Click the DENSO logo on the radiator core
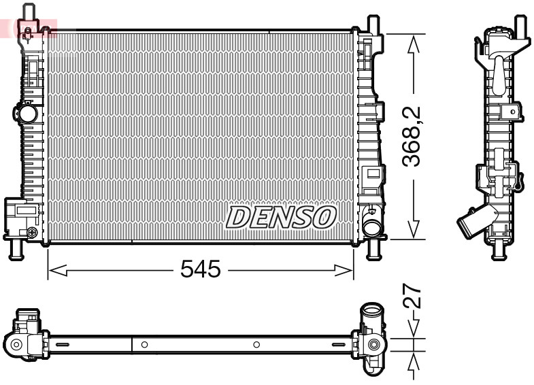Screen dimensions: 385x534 click(x=281, y=217)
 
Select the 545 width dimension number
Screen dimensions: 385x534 click(x=201, y=270)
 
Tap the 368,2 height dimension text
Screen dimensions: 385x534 click(x=410, y=137)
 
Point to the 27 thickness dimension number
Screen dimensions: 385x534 click(x=412, y=297)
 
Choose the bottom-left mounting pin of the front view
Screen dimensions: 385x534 click(x=15, y=250)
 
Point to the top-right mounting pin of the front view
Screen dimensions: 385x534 click(x=372, y=24)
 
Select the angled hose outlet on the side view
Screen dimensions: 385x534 click(x=471, y=222)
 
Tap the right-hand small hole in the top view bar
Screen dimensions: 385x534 click(x=256, y=345)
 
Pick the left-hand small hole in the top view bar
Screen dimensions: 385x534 click(x=144, y=345)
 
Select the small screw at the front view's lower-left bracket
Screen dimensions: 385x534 click(x=31, y=233)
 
